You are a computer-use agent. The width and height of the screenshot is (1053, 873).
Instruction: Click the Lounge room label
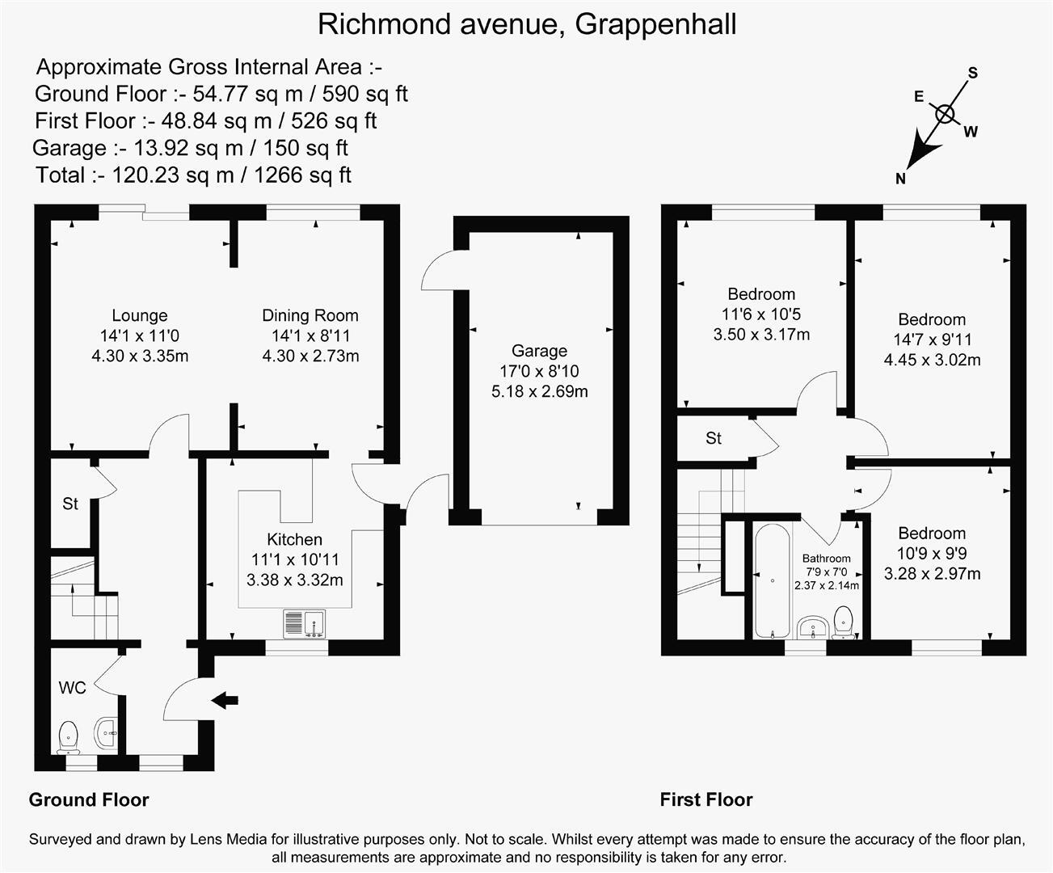140,316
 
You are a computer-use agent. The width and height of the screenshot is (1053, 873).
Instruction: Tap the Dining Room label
310,316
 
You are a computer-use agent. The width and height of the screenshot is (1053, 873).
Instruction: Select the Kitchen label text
295,540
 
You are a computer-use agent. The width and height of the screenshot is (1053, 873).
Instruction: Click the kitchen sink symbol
304,623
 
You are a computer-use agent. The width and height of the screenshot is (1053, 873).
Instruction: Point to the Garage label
539,351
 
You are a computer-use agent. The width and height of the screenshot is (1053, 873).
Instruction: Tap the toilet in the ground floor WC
69,736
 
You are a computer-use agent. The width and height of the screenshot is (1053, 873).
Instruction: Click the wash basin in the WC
107,733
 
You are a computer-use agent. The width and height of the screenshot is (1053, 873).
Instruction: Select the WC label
72,688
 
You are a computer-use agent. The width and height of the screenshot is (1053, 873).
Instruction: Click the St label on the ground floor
70,504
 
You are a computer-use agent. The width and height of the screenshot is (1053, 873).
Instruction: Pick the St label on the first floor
713,438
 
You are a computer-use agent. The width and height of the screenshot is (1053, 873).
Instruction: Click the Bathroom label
826,559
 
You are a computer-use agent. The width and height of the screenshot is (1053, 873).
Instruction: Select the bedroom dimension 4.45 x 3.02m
932,360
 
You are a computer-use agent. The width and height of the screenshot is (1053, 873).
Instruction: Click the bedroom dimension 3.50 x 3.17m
761,334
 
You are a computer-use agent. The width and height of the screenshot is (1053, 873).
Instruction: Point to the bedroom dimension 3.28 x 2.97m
932,574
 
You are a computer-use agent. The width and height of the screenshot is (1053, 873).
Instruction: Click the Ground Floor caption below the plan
89,800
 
